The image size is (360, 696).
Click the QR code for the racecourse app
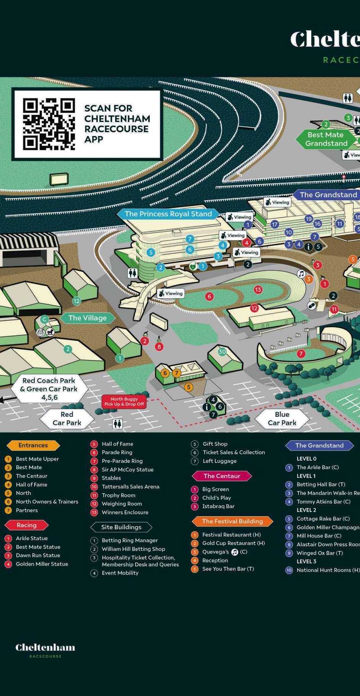[49, 124]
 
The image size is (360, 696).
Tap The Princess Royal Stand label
[168, 214]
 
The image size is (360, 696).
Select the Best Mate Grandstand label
[326, 139]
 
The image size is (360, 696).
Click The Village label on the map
[87, 318]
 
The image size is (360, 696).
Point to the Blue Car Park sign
[282, 418]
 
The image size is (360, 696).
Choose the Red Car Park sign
[67, 418]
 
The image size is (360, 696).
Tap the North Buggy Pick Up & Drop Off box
[124, 402]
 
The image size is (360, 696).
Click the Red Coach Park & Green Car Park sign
[49, 389]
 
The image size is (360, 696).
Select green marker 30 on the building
[222, 352]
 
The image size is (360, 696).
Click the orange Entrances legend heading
[33, 445]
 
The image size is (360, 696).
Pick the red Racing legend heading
[26, 525]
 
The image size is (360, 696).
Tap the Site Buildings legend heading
[121, 527]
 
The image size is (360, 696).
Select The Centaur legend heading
[222, 476]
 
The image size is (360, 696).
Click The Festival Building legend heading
[232, 521]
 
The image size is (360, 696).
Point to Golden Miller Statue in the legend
[42, 564]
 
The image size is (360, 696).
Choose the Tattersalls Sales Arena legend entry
[130, 486]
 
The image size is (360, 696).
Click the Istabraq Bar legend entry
[218, 506]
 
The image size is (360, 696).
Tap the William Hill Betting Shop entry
[133, 549]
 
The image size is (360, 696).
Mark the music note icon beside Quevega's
[235, 552]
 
